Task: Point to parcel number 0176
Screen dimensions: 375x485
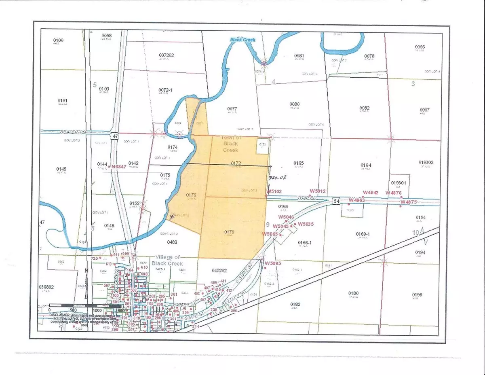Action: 191,195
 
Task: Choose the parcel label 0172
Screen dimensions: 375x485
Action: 236,163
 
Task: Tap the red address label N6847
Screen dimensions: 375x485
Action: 120,167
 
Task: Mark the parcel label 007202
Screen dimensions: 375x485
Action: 167,55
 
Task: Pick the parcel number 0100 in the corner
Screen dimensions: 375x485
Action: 59,40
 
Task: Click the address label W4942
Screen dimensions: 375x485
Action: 371,193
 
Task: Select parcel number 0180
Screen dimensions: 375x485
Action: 353,293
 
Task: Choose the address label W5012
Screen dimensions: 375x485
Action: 318,191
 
